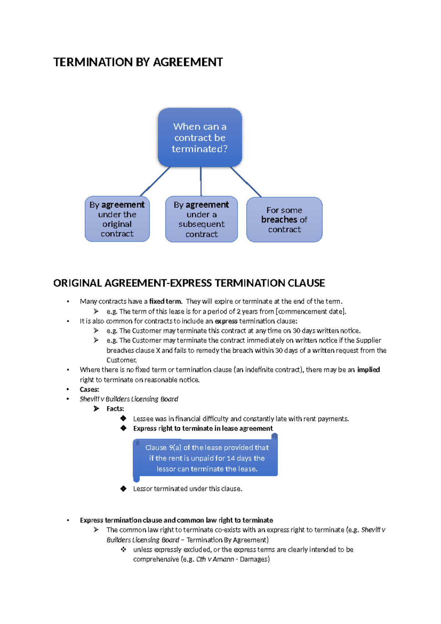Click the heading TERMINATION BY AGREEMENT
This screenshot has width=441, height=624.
tap(138, 62)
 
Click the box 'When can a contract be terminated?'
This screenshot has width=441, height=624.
tap(200, 138)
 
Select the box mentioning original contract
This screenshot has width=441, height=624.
tap(117, 219)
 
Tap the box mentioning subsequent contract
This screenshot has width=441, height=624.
tap(201, 219)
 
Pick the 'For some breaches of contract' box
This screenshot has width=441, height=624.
tap(284, 220)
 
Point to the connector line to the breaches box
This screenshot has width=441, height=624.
tap(245, 182)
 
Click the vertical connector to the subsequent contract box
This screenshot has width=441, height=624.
tap(201, 181)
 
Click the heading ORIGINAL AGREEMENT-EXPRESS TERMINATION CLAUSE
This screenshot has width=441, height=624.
tap(189, 283)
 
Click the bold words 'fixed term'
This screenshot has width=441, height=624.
tap(165, 301)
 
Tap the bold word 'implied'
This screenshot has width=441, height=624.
tap(368, 369)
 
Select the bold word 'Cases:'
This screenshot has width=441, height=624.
tap(89, 389)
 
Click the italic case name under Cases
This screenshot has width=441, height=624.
tap(129, 399)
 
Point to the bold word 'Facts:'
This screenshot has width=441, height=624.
tap(115, 409)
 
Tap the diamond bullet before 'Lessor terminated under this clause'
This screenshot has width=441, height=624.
tap(123, 489)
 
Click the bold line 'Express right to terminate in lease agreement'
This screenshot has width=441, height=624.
tap(203, 428)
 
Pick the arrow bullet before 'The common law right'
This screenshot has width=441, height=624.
tap(96, 530)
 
